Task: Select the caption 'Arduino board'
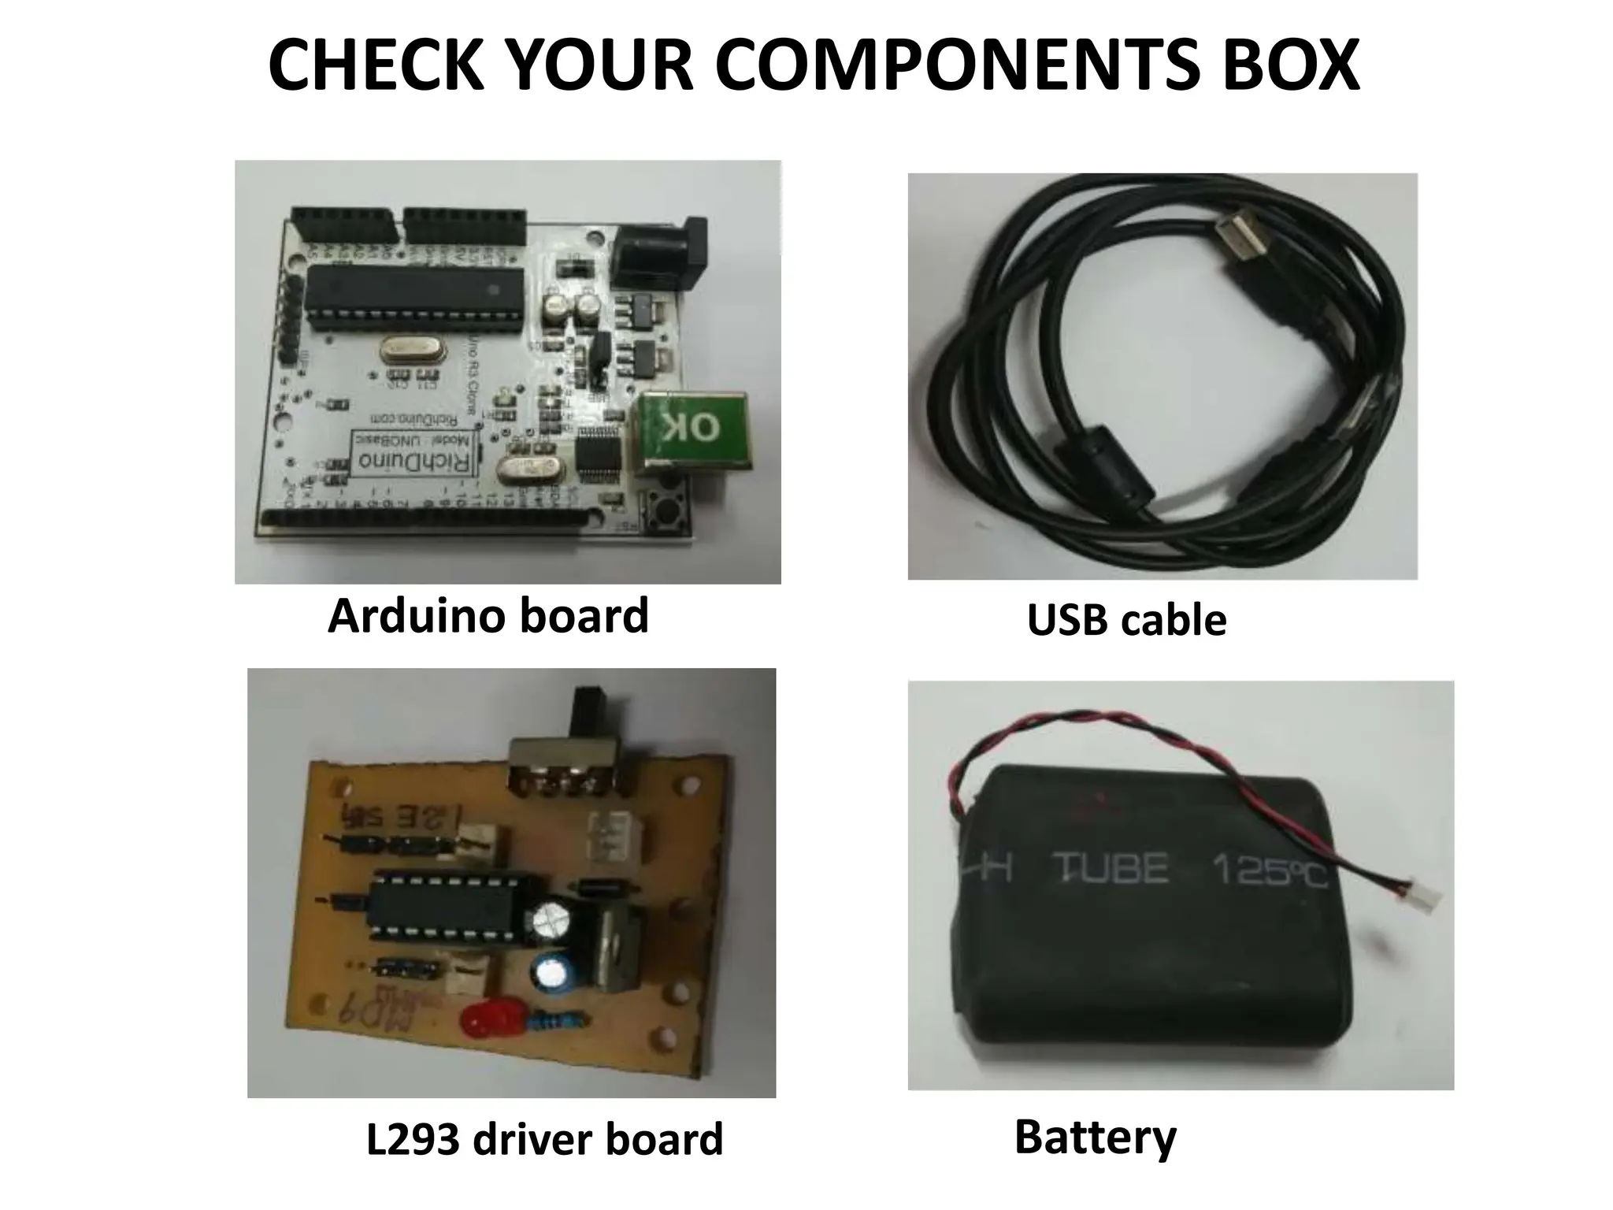click(488, 616)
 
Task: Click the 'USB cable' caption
click(1126, 621)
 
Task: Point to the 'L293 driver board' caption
click(544, 1139)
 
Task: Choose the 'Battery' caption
click(1095, 1138)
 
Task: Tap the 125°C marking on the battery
click(1269, 873)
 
